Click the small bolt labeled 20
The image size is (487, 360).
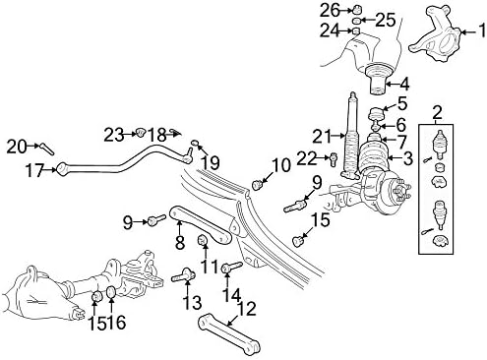coord(43,149)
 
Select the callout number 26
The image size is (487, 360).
coord(330,10)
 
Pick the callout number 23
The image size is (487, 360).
coord(114,133)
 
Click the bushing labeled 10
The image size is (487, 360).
coord(259,181)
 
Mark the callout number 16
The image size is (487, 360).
coord(120,321)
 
